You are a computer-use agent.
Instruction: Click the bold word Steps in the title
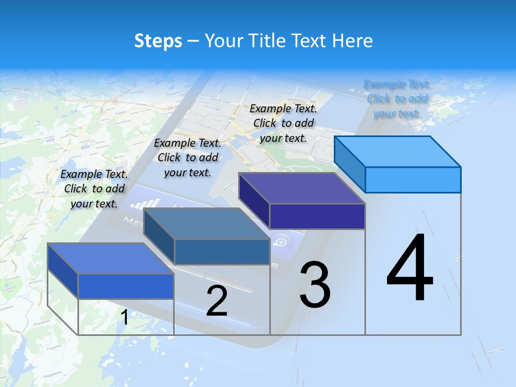[x=158, y=41]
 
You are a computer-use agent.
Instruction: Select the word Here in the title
[x=353, y=41]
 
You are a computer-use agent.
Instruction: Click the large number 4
[x=410, y=269]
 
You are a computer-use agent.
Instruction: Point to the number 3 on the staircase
[x=315, y=285]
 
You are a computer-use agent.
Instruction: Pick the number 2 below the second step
[x=217, y=302]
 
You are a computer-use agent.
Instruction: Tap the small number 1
[x=124, y=318]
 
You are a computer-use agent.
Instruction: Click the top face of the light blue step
[x=398, y=151]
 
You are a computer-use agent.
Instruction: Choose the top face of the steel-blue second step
[x=206, y=224]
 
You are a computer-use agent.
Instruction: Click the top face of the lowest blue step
[x=111, y=259]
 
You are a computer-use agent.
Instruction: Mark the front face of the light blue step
[x=413, y=180]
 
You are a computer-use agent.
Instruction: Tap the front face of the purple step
[x=317, y=216]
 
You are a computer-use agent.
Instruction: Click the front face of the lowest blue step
[x=126, y=286]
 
